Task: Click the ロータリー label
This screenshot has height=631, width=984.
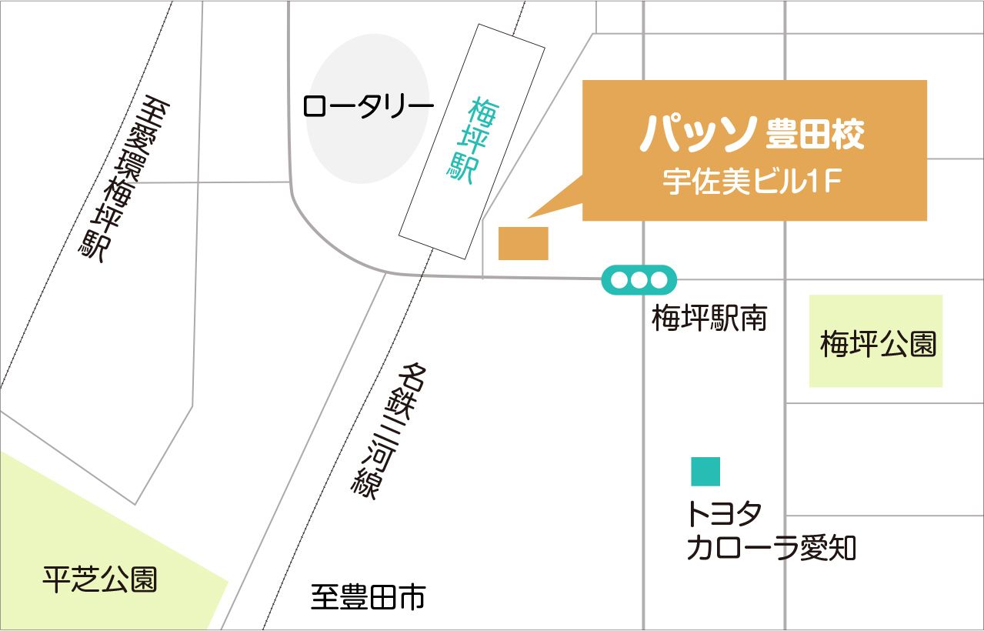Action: tap(364, 105)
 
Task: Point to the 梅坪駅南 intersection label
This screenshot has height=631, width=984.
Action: tap(709, 318)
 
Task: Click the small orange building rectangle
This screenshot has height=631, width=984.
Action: tap(523, 244)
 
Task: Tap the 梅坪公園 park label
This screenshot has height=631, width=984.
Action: tap(878, 344)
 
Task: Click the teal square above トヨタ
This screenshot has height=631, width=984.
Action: tap(705, 472)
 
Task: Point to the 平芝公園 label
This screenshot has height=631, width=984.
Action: tap(100, 579)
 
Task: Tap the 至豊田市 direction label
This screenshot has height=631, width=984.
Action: tap(368, 597)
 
